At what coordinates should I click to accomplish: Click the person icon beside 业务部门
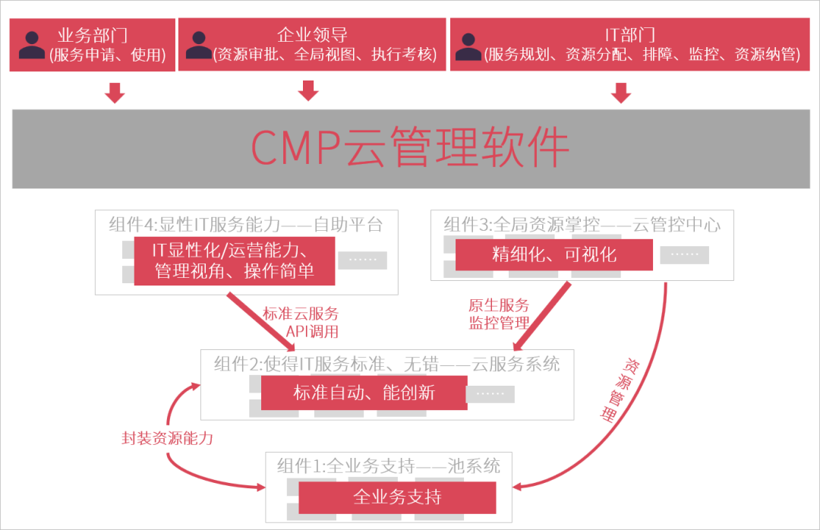[x=32, y=44]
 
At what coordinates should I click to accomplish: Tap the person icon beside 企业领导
[x=199, y=44]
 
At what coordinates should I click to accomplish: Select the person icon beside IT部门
[x=471, y=44]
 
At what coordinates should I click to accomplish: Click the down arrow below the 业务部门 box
[x=115, y=93]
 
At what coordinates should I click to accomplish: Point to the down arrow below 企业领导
[x=307, y=91]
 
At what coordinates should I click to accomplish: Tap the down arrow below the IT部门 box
[x=621, y=93]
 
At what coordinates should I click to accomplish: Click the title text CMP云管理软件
[x=410, y=148]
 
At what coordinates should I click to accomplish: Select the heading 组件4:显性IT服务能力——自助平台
[x=245, y=225]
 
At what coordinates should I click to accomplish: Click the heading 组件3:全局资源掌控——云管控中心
[x=582, y=225]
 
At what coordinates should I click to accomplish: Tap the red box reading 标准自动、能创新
[x=363, y=393]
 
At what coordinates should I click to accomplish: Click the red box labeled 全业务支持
[x=397, y=497]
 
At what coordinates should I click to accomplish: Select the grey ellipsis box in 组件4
[x=362, y=260]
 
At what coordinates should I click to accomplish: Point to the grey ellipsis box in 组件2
[x=490, y=393]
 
